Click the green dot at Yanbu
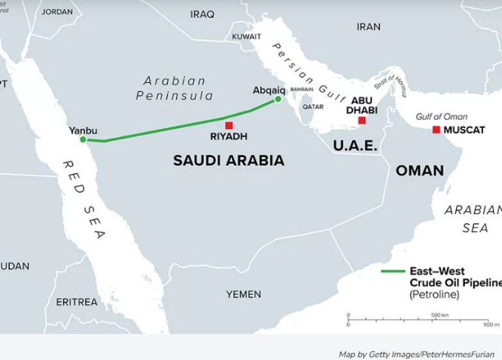[83, 140]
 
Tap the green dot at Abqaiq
[278, 99]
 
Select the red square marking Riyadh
[229, 125]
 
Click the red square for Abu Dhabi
[362, 121]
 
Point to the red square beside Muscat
[436, 130]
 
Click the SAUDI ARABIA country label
[229, 160]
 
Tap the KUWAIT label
[246, 37]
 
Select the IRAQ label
[202, 14]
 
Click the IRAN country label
[368, 27]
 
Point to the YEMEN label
[244, 295]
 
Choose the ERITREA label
[76, 302]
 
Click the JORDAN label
[57, 12]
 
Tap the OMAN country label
[420, 171]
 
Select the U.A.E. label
[355, 146]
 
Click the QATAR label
[313, 107]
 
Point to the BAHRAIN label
[302, 89]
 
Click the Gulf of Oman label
[441, 117]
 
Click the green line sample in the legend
[393, 271]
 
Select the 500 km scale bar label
[440, 315]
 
